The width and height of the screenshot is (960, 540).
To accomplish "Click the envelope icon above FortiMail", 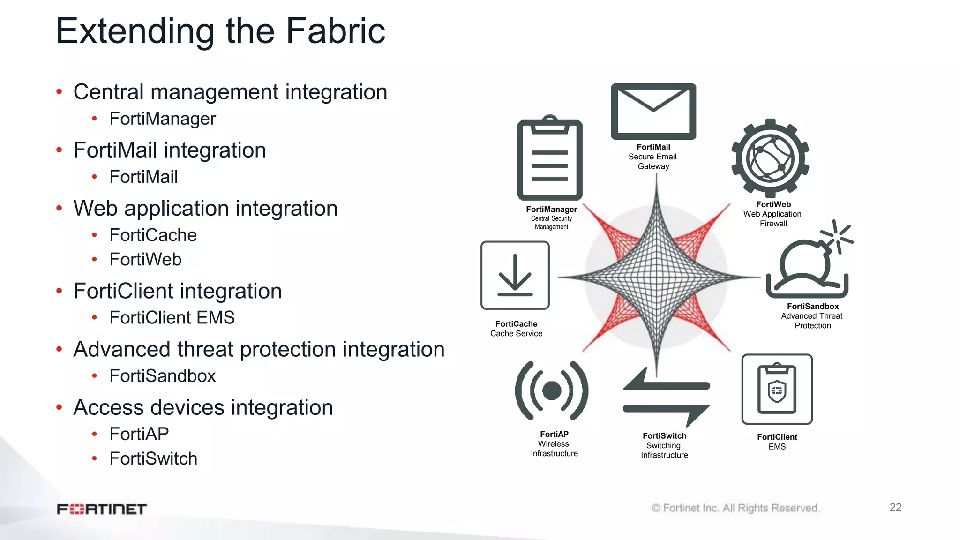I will coord(653,112).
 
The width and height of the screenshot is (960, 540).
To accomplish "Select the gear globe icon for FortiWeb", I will coord(770,158).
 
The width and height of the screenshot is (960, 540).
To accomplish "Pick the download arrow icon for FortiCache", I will coord(515,276).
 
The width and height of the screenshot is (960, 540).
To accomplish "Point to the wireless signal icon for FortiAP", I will coord(552,390).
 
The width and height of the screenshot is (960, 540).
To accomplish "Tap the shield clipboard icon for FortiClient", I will coord(777,389).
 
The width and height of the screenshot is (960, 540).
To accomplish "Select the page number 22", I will coord(895,507).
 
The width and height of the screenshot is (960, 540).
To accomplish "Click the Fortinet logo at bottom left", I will coord(102,509).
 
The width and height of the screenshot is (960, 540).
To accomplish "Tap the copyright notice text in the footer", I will coord(735,508).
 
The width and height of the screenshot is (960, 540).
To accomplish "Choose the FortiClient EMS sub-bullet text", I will coord(172,317).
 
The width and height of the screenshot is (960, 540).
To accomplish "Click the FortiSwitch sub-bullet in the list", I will coord(153,458).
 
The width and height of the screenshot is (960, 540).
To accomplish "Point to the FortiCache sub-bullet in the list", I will coord(153,235).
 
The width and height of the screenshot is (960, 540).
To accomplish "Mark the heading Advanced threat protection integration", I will coord(259,349).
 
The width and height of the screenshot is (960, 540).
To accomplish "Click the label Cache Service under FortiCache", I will coord(516,334).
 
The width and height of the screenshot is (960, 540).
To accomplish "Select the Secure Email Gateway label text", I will coord(652,161).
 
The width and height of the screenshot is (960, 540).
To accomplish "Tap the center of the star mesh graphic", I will coord(656,277).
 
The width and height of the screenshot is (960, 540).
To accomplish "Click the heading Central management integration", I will coord(230,92).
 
